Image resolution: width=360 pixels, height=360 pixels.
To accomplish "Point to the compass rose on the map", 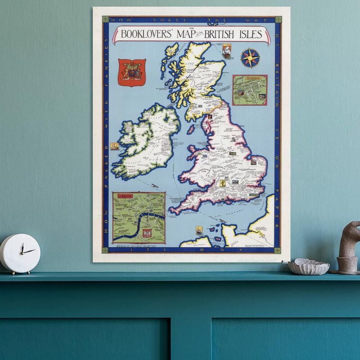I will tap(250, 58).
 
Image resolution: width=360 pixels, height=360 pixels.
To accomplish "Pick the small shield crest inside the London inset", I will tap(146, 233).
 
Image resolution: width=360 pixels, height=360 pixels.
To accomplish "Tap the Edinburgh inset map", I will tap(250, 90).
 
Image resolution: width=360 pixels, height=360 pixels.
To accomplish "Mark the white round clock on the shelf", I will tap(20, 253).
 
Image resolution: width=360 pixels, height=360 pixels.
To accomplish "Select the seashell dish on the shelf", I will tap(309, 267).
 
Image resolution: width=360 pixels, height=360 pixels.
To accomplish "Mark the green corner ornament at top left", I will tap(106, 19).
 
